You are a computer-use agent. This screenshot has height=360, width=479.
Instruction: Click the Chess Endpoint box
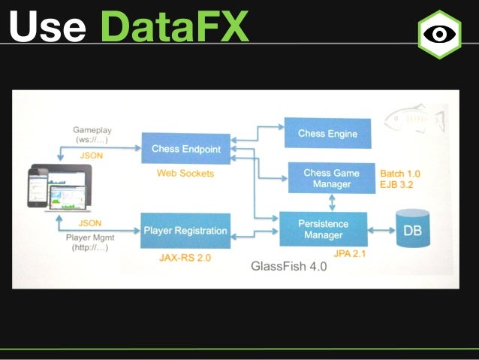pyautogui.click(x=185, y=149)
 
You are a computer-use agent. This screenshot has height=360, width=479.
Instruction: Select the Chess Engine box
pyautogui.click(x=327, y=134)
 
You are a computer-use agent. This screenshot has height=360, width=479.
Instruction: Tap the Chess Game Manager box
pyautogui.click(x=331, y=178)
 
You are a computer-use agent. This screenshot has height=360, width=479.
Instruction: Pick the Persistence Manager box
pyautogui.click(x=323, y=229)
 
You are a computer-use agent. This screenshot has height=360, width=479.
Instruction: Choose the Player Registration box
pyautogui.click(x=185, y=231)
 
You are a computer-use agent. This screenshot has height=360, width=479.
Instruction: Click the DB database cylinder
pyautogui.click(x=412, y=230)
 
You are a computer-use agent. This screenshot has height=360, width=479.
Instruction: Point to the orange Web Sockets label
pyautogui.click(x=185, y=174)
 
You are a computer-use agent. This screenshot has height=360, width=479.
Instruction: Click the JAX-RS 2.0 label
pyautogui.click(x=185, y=256)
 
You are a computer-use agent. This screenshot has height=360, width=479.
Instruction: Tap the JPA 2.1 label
pyautogui.click(x=349, y=253)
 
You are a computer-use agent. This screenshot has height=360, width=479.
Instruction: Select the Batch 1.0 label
pyautogui.click(x=400, y=172)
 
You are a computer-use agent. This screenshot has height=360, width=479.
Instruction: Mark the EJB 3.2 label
pyautogui.click(x=399, y=183)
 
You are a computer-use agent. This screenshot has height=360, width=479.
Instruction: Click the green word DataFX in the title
pyautogui.click(x=173, y=28)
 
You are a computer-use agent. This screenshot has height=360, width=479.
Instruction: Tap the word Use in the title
pyautogui.click(x=47, y=28)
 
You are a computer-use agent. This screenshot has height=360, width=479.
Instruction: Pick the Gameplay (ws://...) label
pyautogui.click(x=92, y=135)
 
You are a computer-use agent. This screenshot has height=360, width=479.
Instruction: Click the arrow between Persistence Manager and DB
pyautogui.click(x=381, y=229)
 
